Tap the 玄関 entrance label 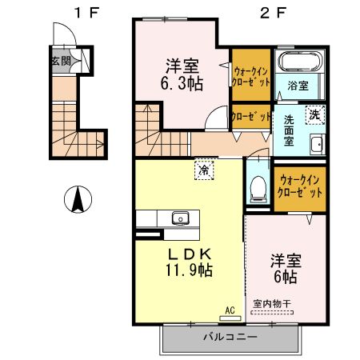point(60,61)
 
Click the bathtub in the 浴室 point(298,62)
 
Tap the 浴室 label point(298,86)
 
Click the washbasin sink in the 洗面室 point(316,145)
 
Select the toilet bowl point(258,187)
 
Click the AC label point(230,309)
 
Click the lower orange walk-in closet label point(300,187)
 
